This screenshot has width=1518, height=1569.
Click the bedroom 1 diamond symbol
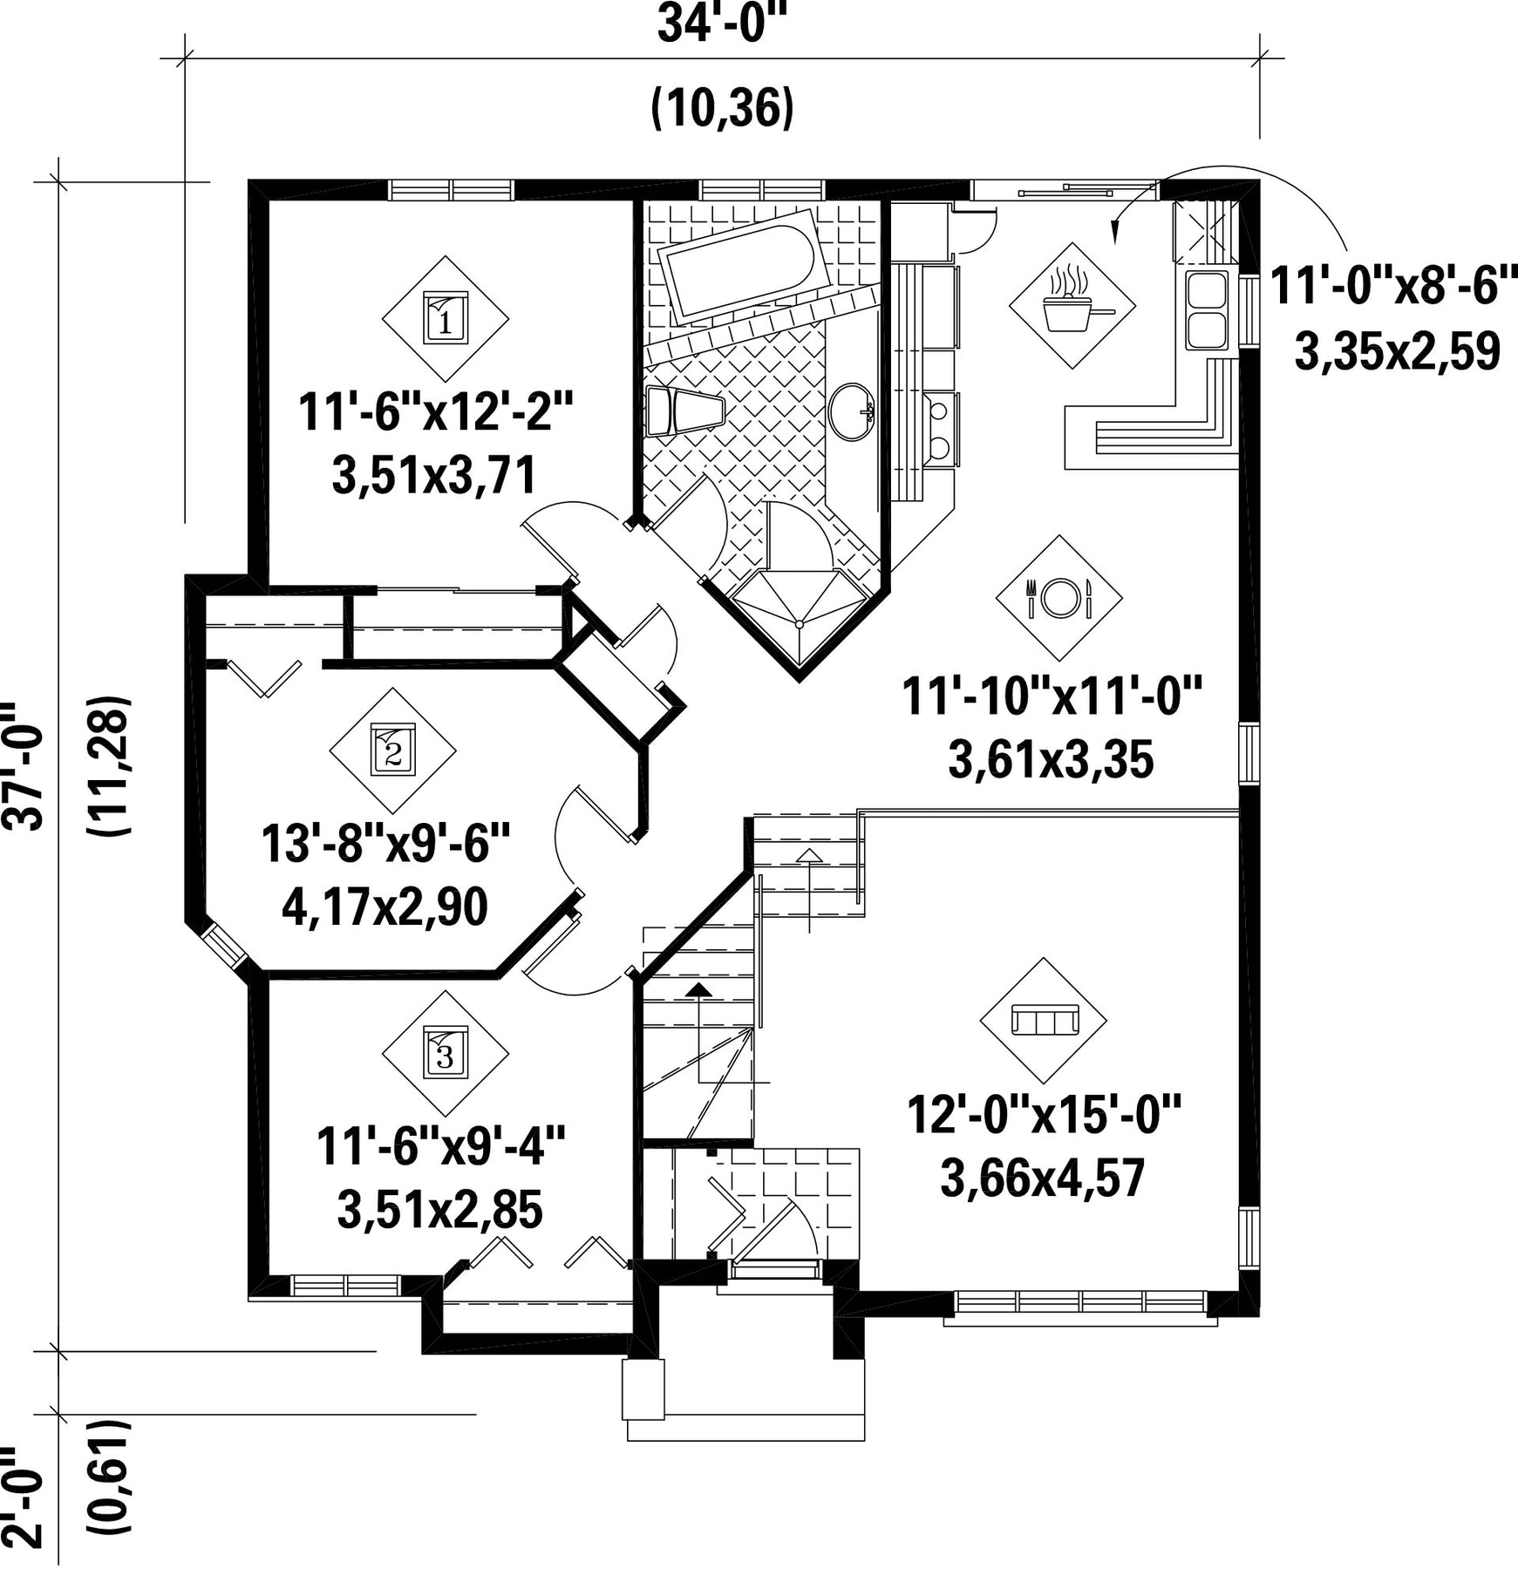pos(446,318)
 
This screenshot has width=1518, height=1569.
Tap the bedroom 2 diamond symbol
pos(393,751)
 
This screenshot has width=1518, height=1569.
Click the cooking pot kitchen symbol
pos(1072,305)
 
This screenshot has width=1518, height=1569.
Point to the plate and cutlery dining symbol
pos(1059,598)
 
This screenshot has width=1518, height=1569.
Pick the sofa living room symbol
pos(1044,1020)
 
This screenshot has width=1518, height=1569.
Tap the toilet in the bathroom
pos(685,411)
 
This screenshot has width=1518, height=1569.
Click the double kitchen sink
pos(1207,309)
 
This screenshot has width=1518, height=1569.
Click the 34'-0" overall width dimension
pos(722,24)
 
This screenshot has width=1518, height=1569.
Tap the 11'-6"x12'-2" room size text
pos(437,411)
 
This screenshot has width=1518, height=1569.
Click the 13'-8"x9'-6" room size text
pos(385,844)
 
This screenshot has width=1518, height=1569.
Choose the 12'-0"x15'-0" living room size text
pos(1045,1115)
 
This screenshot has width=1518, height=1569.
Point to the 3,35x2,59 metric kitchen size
pos(1397,352)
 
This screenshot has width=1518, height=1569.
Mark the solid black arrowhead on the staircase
pos(698,988)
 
